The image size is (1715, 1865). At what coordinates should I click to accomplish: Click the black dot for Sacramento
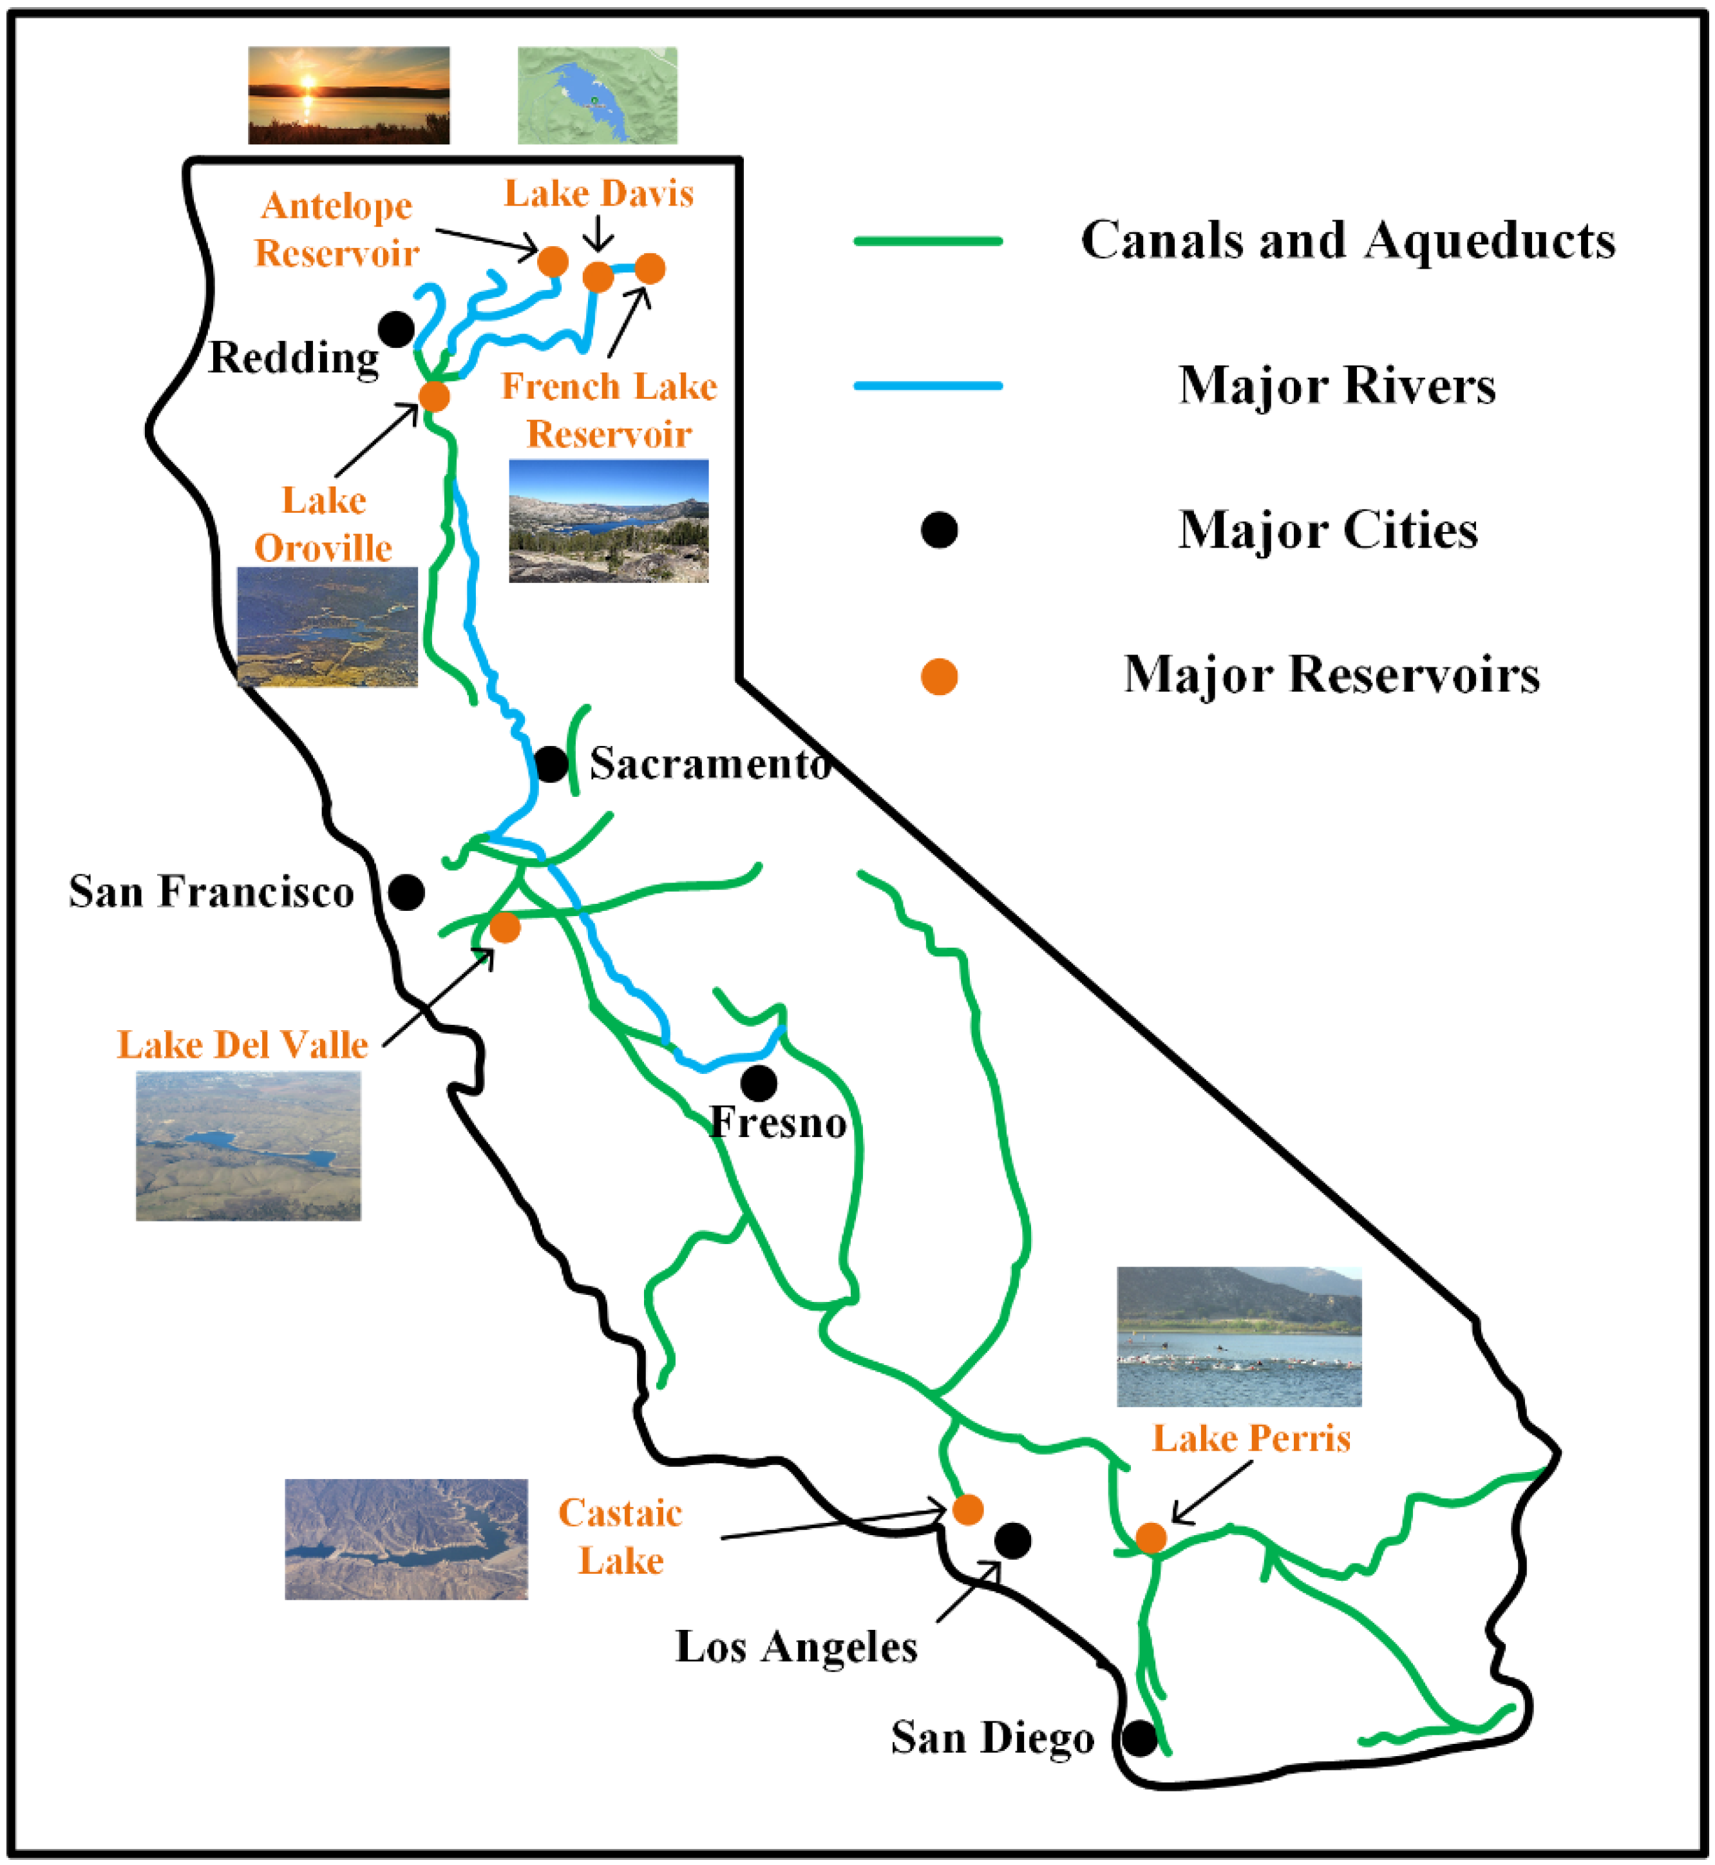551,764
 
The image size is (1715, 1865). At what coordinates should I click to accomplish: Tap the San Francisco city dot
406,892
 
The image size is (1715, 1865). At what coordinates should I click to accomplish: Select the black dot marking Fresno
759,1082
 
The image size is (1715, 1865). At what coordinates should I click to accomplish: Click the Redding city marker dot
396,329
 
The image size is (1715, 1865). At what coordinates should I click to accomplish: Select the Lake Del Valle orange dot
505,926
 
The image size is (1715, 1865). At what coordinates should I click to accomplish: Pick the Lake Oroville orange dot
434,396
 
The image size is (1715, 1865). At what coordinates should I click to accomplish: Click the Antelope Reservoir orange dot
553,262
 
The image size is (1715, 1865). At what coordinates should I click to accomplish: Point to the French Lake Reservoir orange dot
650,268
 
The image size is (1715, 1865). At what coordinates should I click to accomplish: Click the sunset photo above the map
349,95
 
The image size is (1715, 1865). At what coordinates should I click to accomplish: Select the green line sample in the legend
928,242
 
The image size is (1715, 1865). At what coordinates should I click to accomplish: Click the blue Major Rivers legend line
928,385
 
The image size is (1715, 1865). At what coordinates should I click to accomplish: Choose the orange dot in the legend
939,677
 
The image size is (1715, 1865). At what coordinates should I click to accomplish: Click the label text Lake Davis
598,194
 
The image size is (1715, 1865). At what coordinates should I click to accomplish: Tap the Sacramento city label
710,764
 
